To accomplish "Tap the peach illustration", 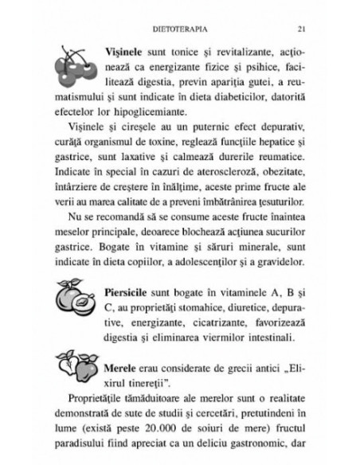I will coord(76,302).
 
